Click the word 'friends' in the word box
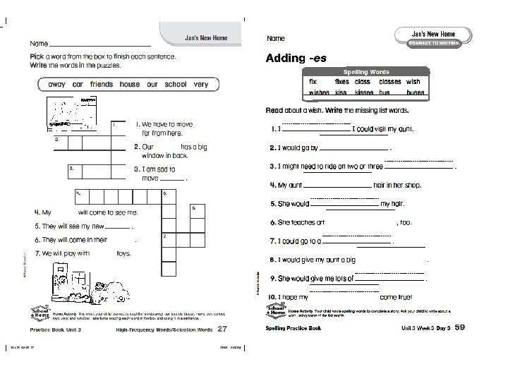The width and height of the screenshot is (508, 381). pos(101,85)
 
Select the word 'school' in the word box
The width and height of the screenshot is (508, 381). pos(175,85)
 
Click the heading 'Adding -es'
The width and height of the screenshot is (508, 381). pos(296,59)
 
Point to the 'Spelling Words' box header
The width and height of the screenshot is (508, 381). pos(366,72)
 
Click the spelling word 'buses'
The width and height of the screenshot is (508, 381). pos(415,92)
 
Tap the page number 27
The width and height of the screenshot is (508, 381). pos(222,329)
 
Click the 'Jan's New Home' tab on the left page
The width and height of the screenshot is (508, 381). pos(200,37)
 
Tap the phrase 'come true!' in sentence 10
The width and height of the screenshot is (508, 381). pos(395,298)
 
